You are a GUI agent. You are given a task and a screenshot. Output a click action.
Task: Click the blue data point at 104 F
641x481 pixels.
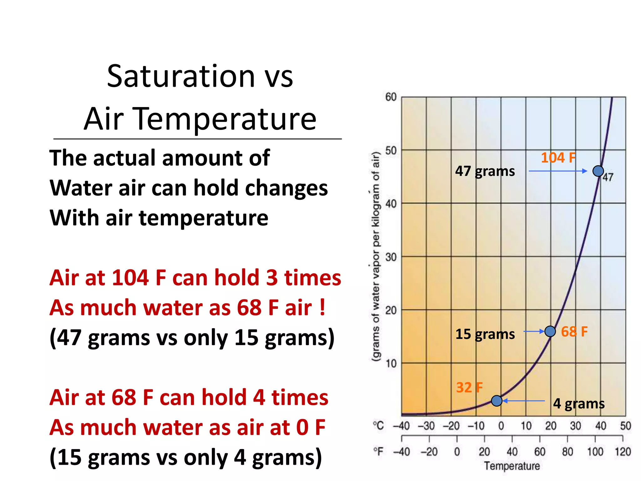(598, 171)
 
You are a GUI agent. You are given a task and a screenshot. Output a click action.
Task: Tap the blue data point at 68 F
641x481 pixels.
(550, 331)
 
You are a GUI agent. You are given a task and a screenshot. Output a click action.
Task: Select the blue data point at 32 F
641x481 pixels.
(497, 401)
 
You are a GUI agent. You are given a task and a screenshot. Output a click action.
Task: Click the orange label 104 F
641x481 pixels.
(558, 158)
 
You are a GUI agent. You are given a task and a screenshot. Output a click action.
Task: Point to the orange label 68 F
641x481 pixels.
(574, 332)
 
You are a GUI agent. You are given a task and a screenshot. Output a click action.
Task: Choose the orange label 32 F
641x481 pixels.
(469, 388)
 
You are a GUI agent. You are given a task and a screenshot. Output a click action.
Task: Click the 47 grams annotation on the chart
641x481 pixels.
(485, 171)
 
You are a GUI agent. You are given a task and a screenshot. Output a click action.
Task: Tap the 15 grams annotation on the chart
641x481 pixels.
(485, 334)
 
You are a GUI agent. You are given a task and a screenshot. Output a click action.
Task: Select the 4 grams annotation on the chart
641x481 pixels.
(579, 403)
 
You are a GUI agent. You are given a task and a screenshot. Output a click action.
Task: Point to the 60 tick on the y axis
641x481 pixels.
(391, 97)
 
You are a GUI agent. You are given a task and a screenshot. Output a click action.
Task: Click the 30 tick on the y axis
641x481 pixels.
(391, 257)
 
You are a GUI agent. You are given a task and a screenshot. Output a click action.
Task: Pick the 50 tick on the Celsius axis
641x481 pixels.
(625, 426)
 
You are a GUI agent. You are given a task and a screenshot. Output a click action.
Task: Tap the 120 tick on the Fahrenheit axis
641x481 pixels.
(623, 452)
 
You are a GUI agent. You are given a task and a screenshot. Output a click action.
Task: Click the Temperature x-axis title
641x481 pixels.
(512, 466)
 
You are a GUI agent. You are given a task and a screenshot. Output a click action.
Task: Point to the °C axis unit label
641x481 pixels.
(378, 426)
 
